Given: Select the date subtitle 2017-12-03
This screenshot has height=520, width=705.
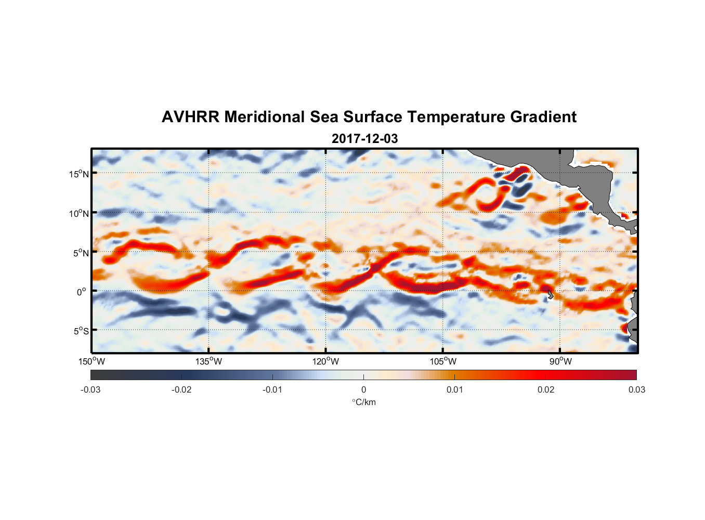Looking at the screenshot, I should [364, 139].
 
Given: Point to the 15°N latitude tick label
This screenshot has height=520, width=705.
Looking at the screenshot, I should [79, 174].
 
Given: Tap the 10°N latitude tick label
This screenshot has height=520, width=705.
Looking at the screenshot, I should [79, 213].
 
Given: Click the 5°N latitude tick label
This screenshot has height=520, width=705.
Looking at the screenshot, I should [81, 253].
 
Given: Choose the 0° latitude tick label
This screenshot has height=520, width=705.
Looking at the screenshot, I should [82, 292].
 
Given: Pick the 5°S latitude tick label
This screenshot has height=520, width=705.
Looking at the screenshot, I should [81, 331].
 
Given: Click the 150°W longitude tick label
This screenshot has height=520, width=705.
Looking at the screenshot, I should [92, 361].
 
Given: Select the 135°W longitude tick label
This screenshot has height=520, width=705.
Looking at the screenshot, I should [208, 361].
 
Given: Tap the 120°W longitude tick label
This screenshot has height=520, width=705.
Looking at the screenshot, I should [325, 361].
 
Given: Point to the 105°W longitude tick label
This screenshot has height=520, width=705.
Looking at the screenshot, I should [443, 361].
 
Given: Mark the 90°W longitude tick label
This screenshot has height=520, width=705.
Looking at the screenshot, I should [560, 361].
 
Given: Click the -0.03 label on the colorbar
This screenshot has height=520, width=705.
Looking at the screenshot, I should [90, 389].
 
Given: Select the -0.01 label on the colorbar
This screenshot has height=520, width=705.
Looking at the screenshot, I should [272, 389].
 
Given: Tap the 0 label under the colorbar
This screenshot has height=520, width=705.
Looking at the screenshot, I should [363, 389].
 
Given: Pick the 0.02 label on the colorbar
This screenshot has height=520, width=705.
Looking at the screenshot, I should [546, 389].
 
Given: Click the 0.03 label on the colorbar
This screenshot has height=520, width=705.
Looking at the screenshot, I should [636, 389].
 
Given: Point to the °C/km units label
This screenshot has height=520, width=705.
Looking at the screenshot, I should [364, 402].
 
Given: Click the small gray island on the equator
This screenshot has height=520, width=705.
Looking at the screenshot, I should [550, 295].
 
